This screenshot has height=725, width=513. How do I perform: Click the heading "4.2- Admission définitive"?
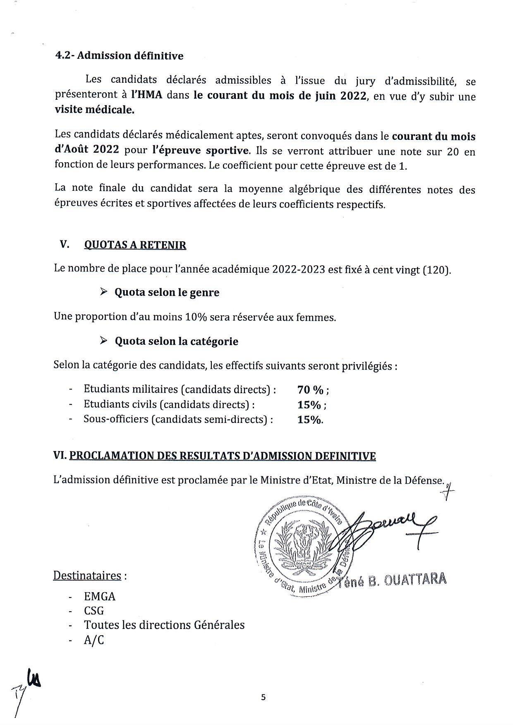click(120, 56)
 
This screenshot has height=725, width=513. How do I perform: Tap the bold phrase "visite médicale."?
click(95, 110)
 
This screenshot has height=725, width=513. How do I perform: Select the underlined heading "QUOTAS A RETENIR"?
click(135, 245)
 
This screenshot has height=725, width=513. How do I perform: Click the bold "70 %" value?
click(310, 390)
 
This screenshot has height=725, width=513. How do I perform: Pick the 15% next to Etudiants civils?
click(309, 405)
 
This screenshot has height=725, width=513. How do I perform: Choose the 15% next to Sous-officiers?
click(309, 420)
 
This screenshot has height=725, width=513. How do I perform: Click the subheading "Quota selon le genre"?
click(167, 293)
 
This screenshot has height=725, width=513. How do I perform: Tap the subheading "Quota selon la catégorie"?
click(176, 341)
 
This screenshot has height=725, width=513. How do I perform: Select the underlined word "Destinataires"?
click(87, 576)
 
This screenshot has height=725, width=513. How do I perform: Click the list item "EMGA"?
click(100, 596)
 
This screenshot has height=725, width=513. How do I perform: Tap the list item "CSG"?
click(94, 611)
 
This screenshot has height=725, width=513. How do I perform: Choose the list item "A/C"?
click(94, 640)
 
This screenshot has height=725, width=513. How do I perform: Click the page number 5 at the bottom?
click(264, 697)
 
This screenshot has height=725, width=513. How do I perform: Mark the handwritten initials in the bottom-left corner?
click(29, 687)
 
